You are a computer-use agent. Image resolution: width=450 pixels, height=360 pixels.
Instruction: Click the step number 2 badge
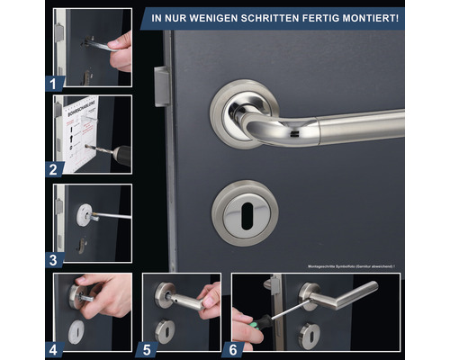coord(55,168)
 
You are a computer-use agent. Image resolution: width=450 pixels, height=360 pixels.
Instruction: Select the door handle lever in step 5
coord(184,298)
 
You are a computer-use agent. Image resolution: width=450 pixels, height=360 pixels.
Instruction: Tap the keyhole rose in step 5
coord(166,329)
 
